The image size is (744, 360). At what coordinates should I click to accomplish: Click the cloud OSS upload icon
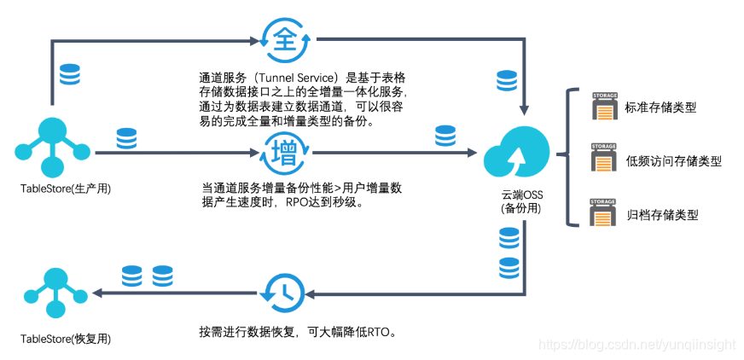[512, 158]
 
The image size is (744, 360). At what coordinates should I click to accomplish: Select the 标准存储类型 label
[660, 108]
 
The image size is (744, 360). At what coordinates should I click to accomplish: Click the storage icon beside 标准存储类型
[604, 107]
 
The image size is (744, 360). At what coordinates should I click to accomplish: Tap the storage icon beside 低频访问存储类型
[604, 160]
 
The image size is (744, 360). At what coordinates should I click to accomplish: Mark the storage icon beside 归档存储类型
[604, 212]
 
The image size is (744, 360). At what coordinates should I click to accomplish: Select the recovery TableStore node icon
[55, 293]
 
